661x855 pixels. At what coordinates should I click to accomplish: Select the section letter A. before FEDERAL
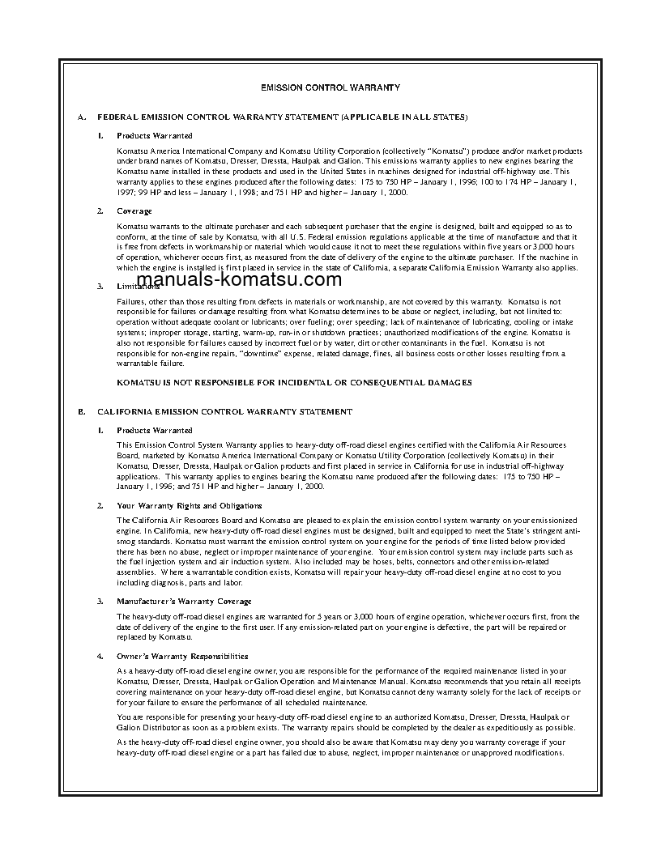point(82,117)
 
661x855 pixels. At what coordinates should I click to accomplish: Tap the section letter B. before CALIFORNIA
point(82,411)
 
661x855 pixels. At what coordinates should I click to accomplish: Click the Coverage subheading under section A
point(134,211)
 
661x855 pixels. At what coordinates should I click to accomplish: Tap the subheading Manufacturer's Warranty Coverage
point(184,601)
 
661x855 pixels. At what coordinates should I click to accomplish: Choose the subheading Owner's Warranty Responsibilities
point(182,656)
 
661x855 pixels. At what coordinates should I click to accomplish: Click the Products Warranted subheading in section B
point(155,430)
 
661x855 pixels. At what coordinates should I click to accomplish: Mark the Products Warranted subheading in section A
point(155,135)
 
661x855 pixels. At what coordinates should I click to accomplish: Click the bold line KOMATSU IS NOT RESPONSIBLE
point(294,382)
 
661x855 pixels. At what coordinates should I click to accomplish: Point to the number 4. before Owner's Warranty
point(100,656)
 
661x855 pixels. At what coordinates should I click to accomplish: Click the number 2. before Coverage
point(100,211)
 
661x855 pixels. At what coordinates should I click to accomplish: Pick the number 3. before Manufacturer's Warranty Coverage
point(100,601)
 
